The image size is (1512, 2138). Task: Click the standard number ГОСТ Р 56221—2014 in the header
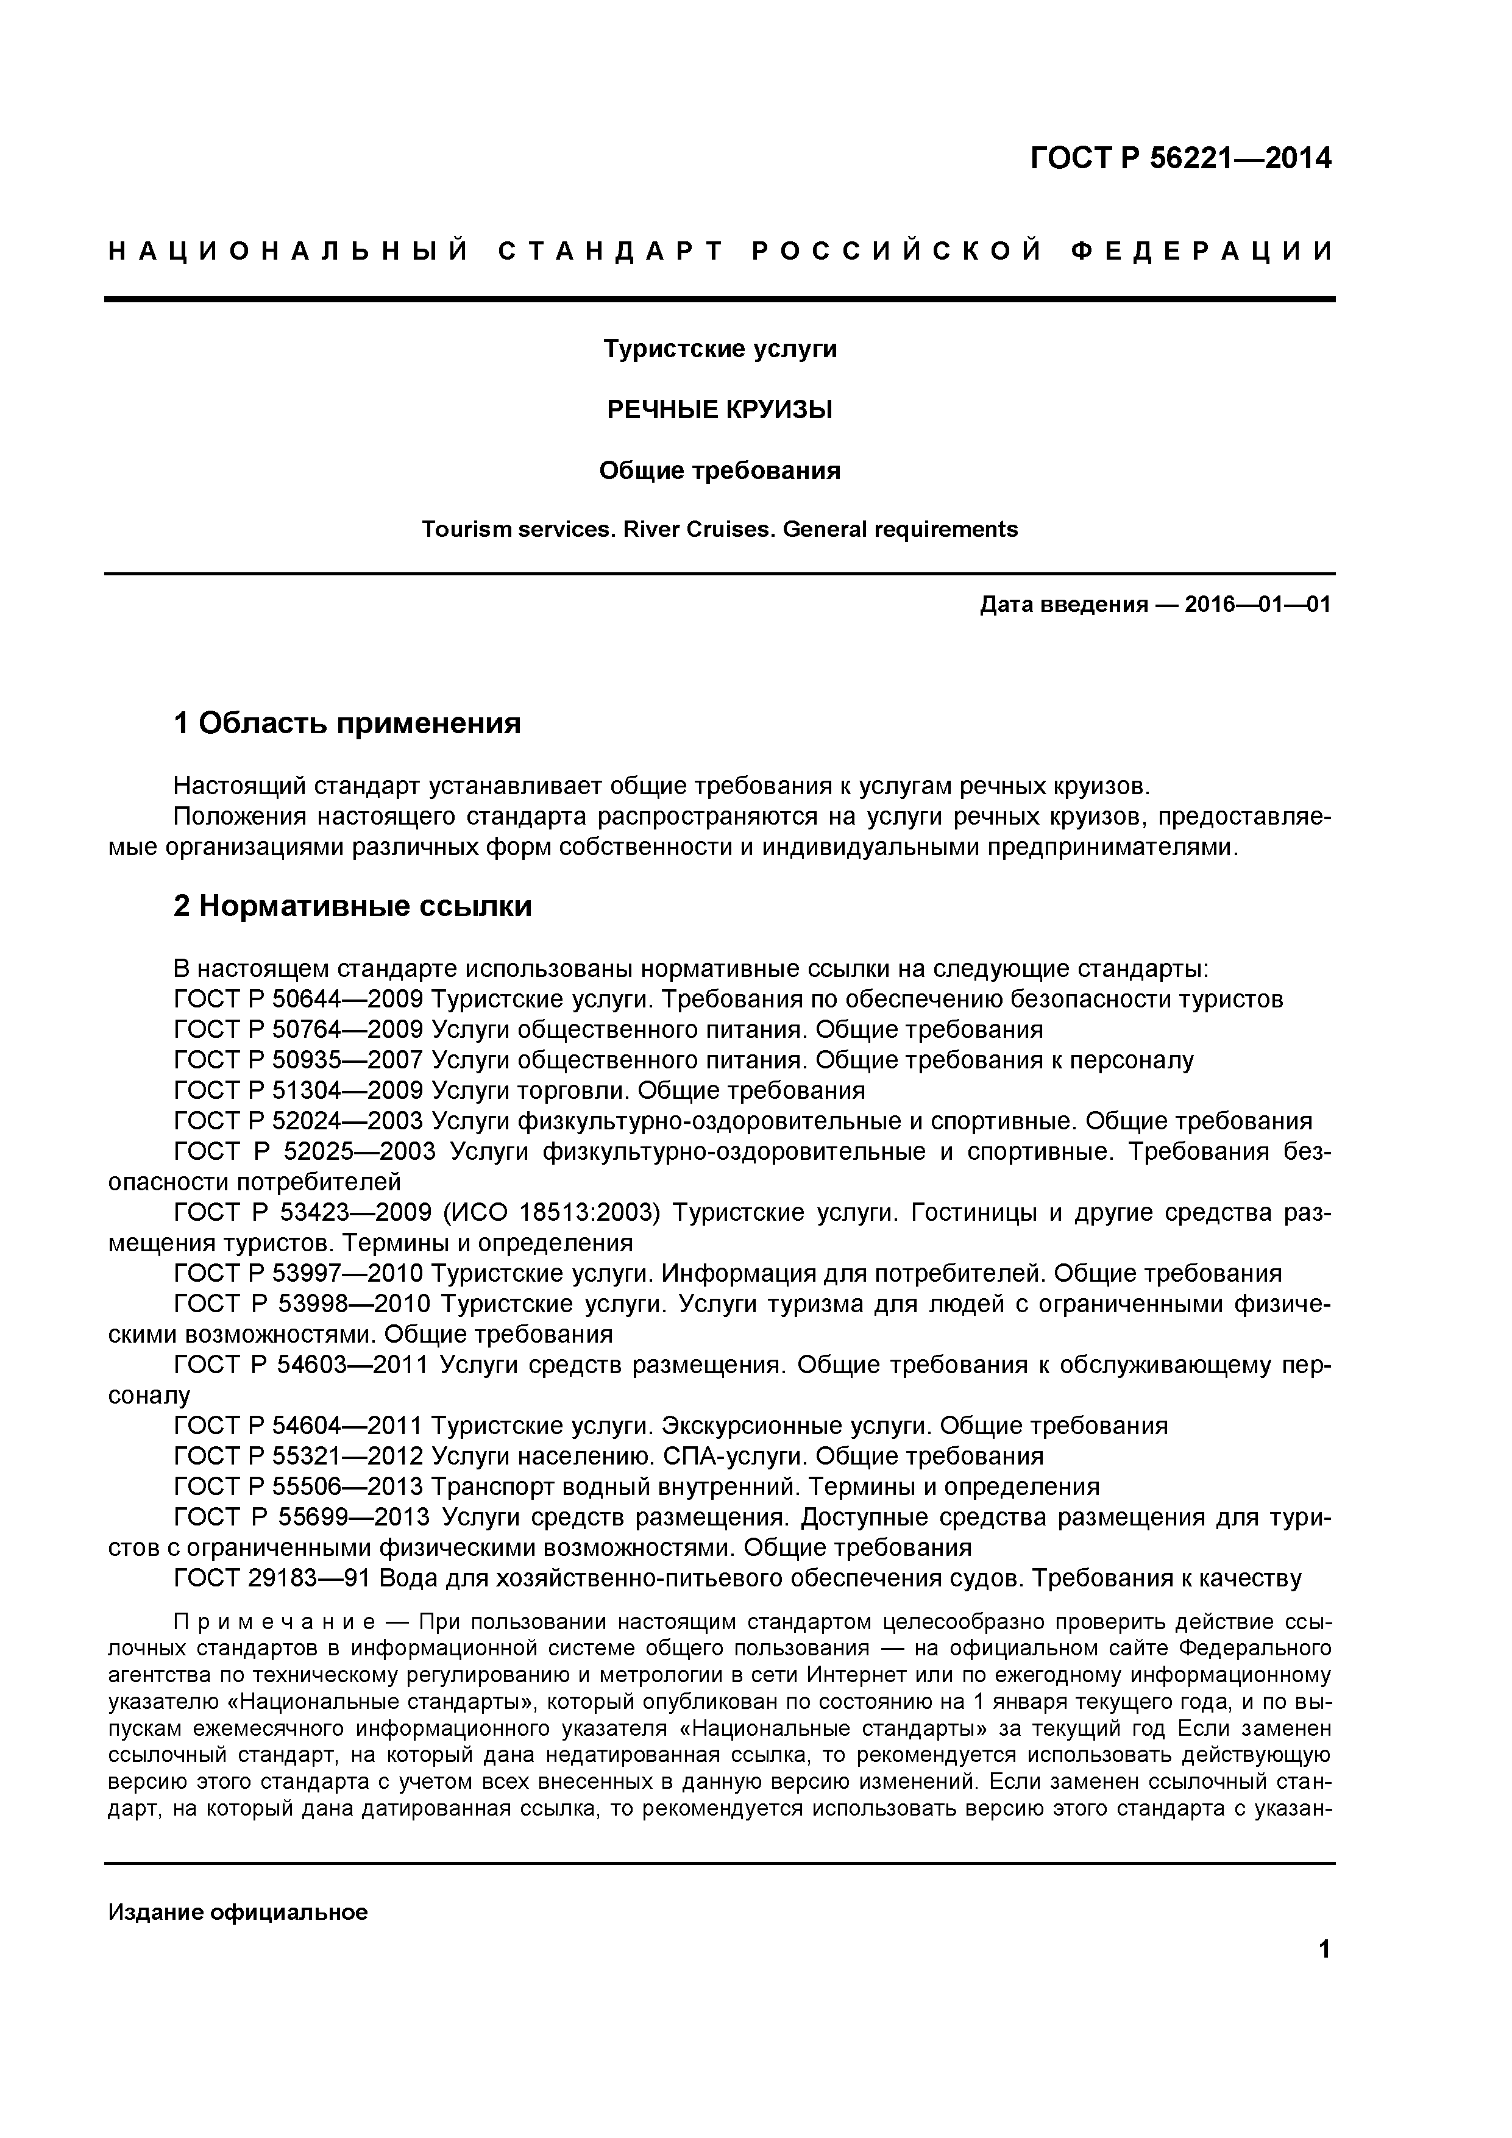tap(1180, 159)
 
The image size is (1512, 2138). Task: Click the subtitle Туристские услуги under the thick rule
tap(720, 349)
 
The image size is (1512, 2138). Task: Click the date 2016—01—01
tap(1257, 605)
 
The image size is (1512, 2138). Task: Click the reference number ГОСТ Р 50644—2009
tap(299, 999)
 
